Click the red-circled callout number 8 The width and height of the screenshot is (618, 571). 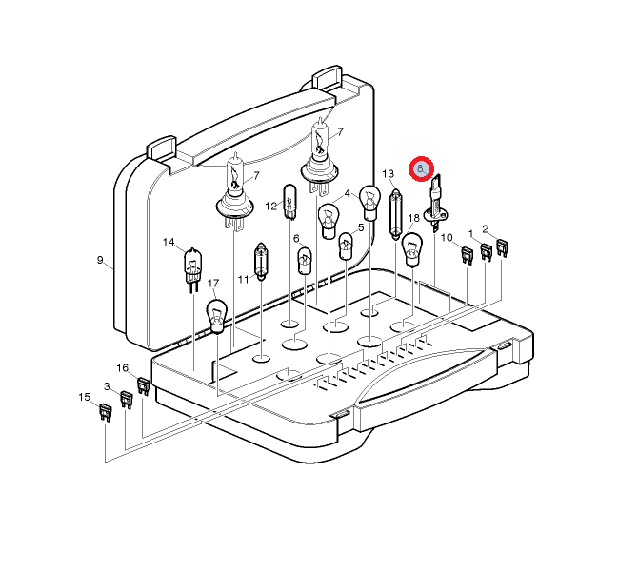pyautogui.click(x=421, y=169)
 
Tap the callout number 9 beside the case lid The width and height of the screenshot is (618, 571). pyautogui.click(x=100, y=260)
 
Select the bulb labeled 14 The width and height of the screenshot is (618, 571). pyautogui.click(x=193, y=270)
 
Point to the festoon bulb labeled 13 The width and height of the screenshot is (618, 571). pyautogui.click(x=395, y=215)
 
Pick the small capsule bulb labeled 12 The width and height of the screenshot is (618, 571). pyautogui.click(x=289, y=202)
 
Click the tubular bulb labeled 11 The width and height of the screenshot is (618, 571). pyautogui.click(x=261, y=262)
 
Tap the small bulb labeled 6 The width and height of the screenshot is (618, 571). pyautogui.click(x=305, y=261)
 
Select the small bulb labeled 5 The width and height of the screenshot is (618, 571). pyautogui.click(x=346, y=246)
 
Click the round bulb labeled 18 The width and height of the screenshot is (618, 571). pyautogui.click(x=412, y=249)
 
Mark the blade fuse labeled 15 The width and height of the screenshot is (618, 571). pyautogui.click(x=105, y=412)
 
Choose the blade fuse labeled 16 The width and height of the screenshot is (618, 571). pyautogui.click(x=143, y=386)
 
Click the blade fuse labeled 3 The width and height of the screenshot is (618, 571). pyautogui.click(x=126, y=400)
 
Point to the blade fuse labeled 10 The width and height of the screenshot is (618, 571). pyautogui.click(x=467, y=255)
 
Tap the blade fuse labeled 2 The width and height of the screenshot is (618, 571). pyautogui.click(x=502, y=247)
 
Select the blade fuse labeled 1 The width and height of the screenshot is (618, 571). pyautogui.click(x=486, y=252)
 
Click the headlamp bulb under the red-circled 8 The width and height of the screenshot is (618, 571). pyautogui.click(x=435, y=205)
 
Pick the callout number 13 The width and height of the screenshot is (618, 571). pyautogui.click(x=388, y=173)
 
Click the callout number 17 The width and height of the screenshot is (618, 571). pyautogui.click(x=213, y=284)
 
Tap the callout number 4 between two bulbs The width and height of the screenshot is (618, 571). pyautogui.click(x=348, y=193)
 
